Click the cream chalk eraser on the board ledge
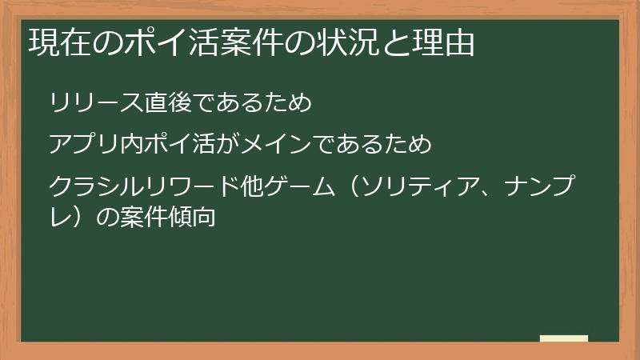[564, 338]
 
